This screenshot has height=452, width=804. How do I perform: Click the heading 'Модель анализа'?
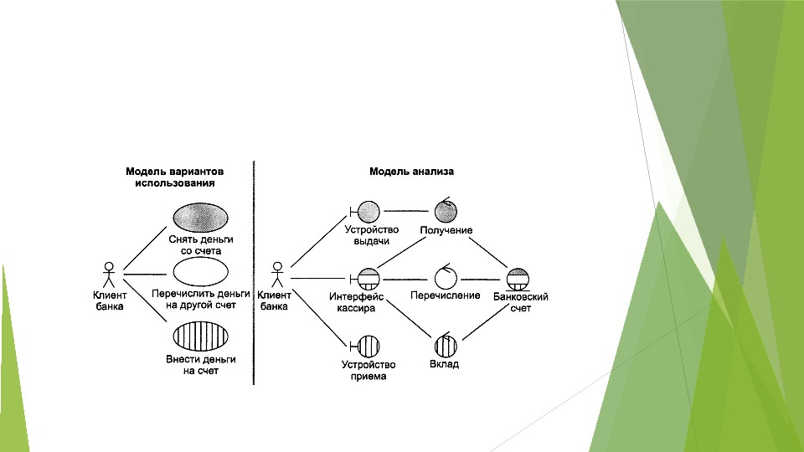pyautogui.click(x=411, y=172)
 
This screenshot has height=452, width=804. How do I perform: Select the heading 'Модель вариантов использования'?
pyautogui.click(x=174, y=177)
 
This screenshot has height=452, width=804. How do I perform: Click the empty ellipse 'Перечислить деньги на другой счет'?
pyautogui.click(x=200, y=272)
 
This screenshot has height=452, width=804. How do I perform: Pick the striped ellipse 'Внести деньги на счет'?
pyautogui.click(x=200, y=335)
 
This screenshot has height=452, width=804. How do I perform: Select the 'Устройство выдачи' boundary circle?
pyautogui.click(x=368, y=210)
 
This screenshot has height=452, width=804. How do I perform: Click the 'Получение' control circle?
pyautogui.click(x=445, y=211)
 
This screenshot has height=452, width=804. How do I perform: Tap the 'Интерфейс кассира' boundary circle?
pyautogui.click(x=368, y=278)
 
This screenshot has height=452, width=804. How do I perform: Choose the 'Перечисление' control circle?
pyautogui.click(x=445, y=278)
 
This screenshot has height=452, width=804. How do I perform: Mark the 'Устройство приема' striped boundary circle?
pyautogui.click(x=368, y=345)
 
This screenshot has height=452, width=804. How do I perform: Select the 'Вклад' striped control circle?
pyautogui.click(x=445, y=345)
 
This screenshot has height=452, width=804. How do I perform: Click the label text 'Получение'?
pyautogui.click(x=446, y=230)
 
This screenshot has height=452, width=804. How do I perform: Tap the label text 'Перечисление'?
pyautogui.click(x=445, y=295)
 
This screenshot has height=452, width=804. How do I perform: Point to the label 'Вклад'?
pyautogui.click(x=445, y=365)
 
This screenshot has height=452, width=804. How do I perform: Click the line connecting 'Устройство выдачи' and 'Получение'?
pyautogui.click(x=406, y=210)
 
